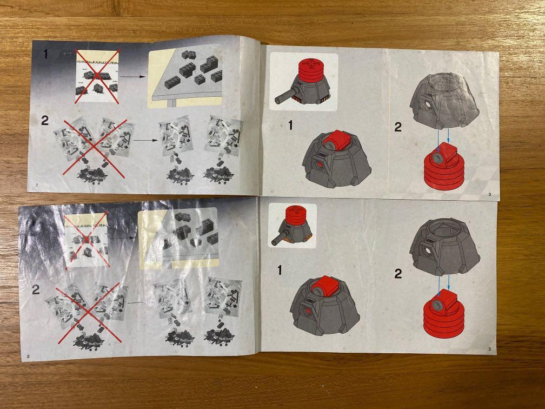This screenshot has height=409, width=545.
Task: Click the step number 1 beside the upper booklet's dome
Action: (290, 126)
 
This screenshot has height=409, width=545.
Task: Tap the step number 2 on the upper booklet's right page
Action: (398, 128)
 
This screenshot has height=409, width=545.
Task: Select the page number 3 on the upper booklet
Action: (489, 194)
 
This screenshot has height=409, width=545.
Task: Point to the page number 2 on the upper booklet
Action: (36, 184)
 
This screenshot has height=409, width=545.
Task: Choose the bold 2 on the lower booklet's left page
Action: (36, 289)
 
